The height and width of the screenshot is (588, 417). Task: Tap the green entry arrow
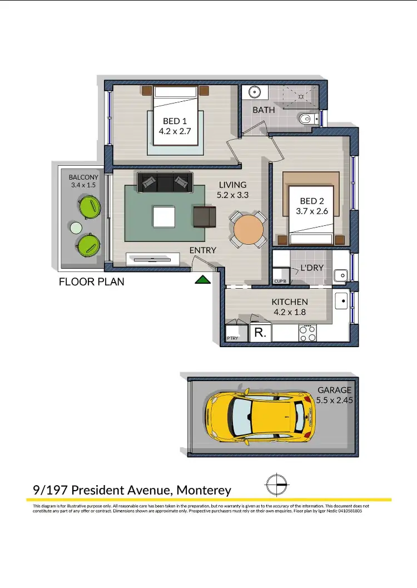pyautogui.click(x=203, y=279)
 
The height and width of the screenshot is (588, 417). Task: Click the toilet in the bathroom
pyautogui.click(x=306, y=118)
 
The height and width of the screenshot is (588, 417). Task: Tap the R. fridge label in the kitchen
pyautogui.click(x=260, y=333)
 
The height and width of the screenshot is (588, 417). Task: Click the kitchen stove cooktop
pyautogui.click(x=307, y=333)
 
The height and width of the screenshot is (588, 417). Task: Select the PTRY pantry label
pyautogui.click(x=232, y=338)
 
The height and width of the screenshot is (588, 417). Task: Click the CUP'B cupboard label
pyautogui.click(x=280, y=281)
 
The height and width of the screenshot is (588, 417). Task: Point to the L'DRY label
pyautogui.click(x=312, y=268)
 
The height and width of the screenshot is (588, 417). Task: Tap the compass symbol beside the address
pyautogui.click(x=276, y=485)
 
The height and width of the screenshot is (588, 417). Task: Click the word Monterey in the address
pyautogui.click(x=203, y=490)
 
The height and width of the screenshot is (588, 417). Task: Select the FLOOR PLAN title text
pyautogui.click(x=92, y=282)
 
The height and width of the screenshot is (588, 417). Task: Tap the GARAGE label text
pyautogui.click(x=334, y=390)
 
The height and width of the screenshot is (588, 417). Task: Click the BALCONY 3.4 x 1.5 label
pyautogui.click(x=84, y=181)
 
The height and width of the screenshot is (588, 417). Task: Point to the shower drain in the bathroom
pyautogui.click(x=301, y=96)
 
